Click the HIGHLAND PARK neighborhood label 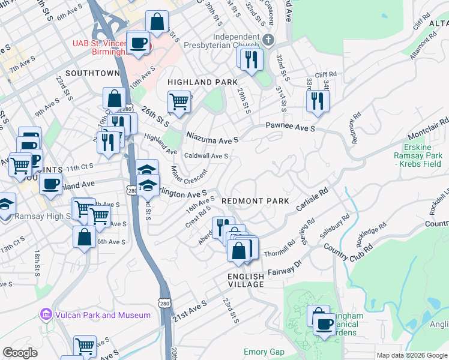coord(202,82)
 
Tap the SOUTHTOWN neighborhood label coord(92,73)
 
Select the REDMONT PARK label coord(255,201)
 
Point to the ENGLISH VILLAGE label coord(246,281)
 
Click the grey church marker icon coord(268,41)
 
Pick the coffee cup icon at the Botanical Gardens coord(325,325)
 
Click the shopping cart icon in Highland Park coord(179,101)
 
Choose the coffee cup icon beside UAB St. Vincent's coord(139,43)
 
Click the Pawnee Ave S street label coord(291,128)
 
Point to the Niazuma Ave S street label coord(212,138)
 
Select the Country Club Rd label coord(348,247)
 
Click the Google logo coord(20,353)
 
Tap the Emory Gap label coord(263,352)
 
